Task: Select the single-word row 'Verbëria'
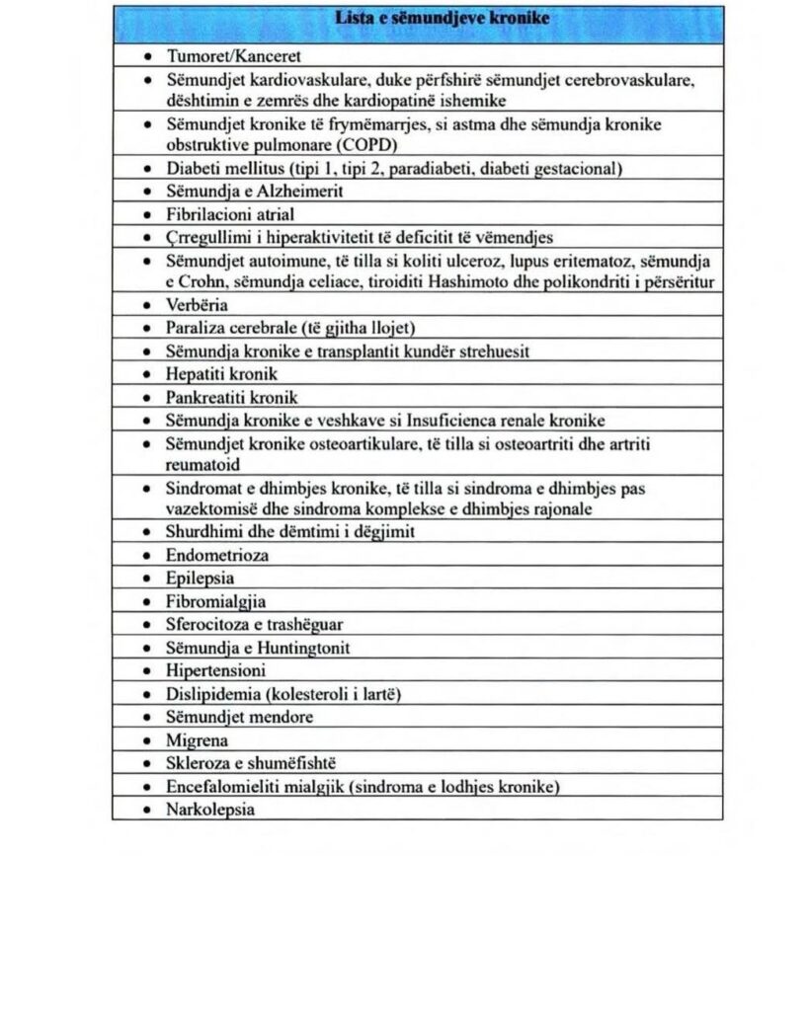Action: tap(197, 306)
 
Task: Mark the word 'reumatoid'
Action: tap(202, 464)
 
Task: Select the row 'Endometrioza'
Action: tap(216, 556)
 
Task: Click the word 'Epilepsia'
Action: tap(200, 579)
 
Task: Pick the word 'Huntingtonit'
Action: tap(303, 648)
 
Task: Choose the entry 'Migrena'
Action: tap(197, 740)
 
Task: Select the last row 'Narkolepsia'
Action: tap(209, 810)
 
